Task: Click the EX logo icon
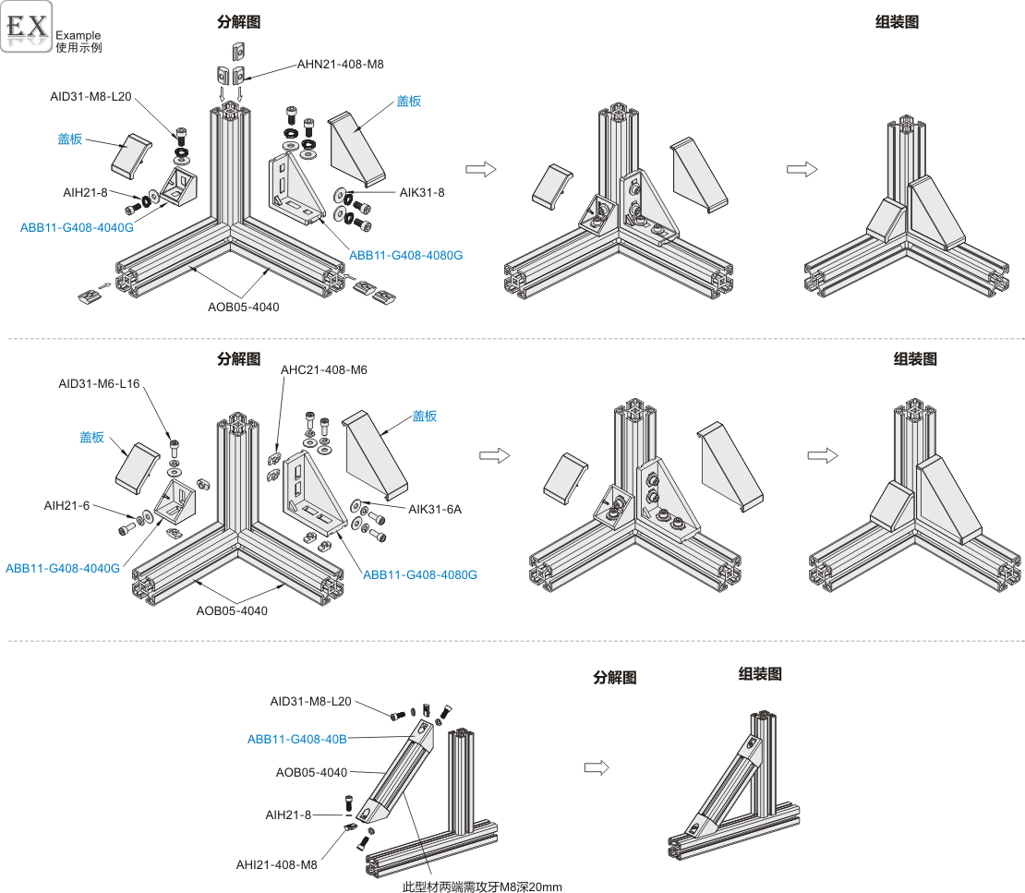27,28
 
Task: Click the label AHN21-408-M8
340,65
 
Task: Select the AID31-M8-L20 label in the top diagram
91,96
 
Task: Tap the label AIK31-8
422,192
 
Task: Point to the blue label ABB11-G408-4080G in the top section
405,255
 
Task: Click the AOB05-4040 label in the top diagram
244,307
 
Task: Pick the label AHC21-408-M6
323,370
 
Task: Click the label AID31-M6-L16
99,383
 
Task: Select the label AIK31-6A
434,509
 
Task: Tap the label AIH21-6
67,505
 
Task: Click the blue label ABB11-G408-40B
296,739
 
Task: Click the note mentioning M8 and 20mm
482,887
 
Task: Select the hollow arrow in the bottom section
597,767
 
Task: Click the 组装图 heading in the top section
897,22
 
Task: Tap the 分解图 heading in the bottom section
615,677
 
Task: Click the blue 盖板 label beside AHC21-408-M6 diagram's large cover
425,416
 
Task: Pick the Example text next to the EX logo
78,35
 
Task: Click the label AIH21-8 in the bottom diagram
288,814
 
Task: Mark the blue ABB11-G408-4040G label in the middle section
63,568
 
